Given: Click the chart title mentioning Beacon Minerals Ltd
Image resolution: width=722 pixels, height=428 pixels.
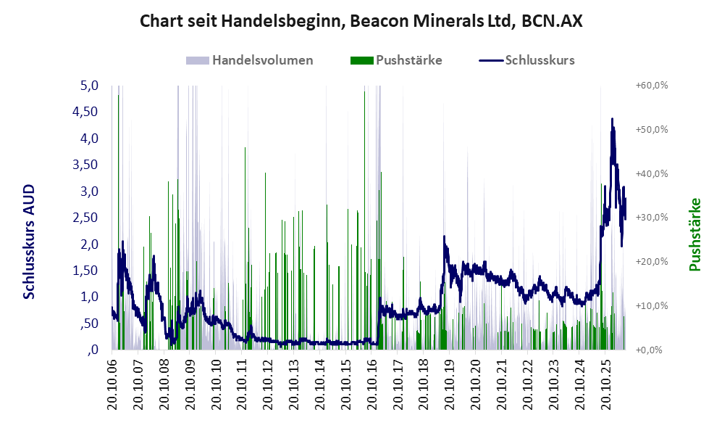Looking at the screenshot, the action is (x=361, y=21).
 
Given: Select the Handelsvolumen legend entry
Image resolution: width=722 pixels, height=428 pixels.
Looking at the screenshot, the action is (x=250, y=60).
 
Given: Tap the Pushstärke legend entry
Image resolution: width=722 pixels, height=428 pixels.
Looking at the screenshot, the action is (x=396, y=60).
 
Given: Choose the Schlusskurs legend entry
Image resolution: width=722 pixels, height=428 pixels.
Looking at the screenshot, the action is (x=526, y=60).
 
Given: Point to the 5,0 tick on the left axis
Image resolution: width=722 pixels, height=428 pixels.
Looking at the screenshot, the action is (x=89, y=86).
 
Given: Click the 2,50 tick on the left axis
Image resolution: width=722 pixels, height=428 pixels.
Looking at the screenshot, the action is (x=85, y=217).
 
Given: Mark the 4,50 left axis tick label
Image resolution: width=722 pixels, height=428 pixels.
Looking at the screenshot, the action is (x=85, y=112).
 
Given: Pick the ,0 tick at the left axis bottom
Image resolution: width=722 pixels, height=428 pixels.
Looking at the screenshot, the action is (x=93, y=350).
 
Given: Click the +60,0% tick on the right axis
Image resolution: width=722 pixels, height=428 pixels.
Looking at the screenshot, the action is (x=652, y=86).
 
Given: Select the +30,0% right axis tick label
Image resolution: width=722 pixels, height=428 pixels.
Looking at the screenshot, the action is (x=652, y=217).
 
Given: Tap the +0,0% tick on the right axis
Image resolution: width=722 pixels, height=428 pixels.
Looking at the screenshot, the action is (x=650, y=350).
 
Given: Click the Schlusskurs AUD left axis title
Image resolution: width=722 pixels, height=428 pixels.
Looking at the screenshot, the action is (x=29, y=242).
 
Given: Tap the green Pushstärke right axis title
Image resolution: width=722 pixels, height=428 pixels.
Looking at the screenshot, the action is (x=694, y=234).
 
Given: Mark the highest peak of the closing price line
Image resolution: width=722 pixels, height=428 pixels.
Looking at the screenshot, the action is (x=612, y=118).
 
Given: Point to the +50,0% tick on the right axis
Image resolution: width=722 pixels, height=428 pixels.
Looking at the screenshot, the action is (x=652, y=129).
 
